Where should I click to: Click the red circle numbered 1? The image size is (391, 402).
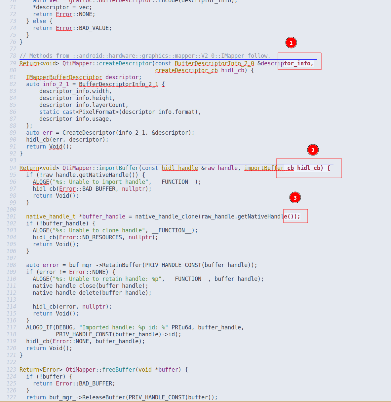click(291, 43)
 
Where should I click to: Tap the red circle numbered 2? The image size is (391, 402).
click(313, 150)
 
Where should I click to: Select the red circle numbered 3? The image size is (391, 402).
click(295, 198)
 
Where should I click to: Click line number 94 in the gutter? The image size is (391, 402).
click(13, 168)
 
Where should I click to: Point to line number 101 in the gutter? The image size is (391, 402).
click(11, 217)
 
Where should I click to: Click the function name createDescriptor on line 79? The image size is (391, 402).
click(125, 63)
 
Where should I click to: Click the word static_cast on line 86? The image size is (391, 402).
click(58, 112)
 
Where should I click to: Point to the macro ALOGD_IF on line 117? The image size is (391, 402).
click(39, 327)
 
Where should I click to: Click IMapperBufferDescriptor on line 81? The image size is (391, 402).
click(64, 77)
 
